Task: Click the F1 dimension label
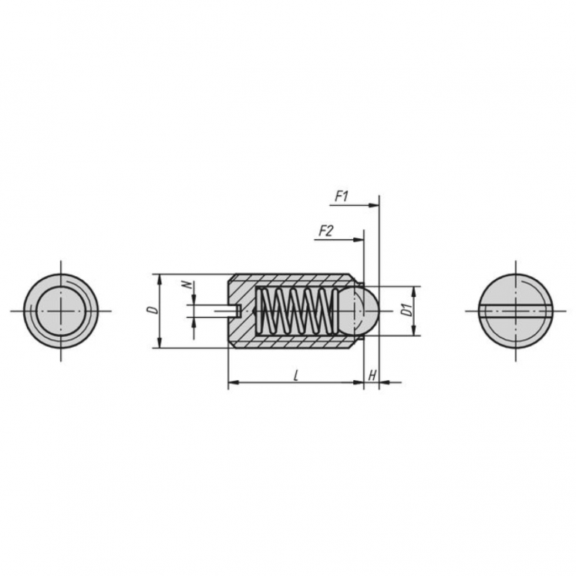(x=342, y=197)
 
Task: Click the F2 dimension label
(x=325, y=231)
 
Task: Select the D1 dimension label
(x=403, y=312)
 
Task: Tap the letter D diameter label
(x=153, y=310)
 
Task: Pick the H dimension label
(x=372, y=375)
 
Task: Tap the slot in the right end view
(x=514, y=311)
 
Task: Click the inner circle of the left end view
(x=61, y=311)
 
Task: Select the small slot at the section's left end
(x=236, y=311)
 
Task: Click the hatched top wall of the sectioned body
(x=293, y=280)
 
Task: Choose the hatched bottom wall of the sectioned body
(x=293, y=342)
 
